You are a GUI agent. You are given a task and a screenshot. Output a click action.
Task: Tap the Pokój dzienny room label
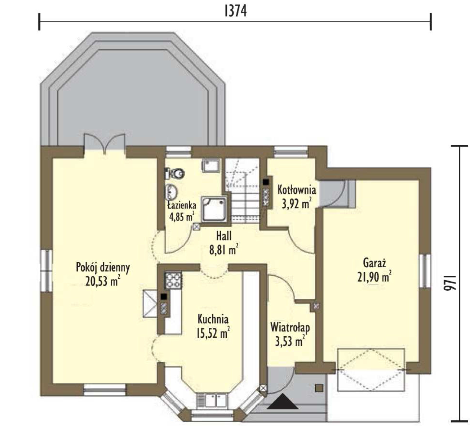(103, 268)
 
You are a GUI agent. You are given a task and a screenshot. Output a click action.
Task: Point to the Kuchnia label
(213, 319)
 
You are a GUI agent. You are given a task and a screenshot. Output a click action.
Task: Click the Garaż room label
(374, 263)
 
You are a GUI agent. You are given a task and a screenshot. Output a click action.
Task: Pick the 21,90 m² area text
(374, 277)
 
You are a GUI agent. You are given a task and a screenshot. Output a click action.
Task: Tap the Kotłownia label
(297, 190)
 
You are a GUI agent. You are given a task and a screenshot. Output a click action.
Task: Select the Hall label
(224, 236)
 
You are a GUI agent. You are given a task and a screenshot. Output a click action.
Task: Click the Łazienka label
(182, 205)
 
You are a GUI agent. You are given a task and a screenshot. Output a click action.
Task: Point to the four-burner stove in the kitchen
(173, 280)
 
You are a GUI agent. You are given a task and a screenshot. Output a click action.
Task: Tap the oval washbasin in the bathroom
(172, 192)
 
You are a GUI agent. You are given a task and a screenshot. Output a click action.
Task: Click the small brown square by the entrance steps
(319, 388)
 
